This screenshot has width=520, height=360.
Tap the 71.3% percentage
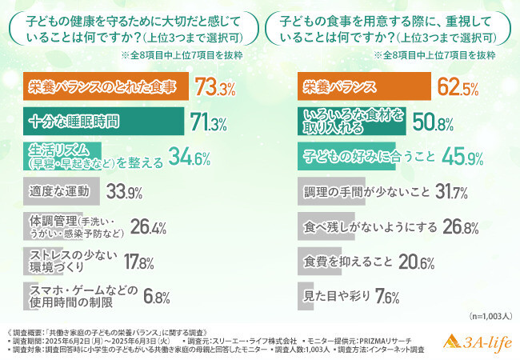[207, 122]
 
